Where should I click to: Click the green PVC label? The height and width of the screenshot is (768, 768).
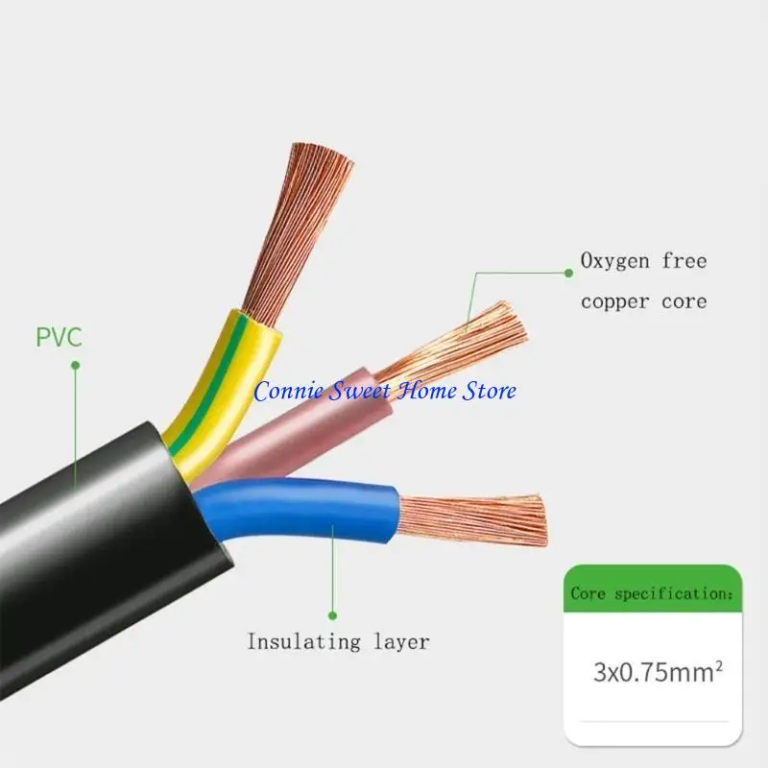(x=59, y=337)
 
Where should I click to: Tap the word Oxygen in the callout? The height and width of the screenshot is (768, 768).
(x=614, y=261)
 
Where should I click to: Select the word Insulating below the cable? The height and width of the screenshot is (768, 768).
(x=303, y=642)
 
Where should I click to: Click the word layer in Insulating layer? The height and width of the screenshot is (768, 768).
(x=401, y=642)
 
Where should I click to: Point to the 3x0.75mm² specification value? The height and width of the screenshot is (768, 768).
(x=658, y=671)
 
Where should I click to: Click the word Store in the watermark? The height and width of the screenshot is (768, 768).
(x=490, y=391)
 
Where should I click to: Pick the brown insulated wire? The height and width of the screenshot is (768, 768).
(x=303, y=431)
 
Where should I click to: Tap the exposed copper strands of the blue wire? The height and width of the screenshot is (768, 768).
(x=472, y=520)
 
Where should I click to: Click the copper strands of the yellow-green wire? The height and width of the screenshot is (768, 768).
(x=299, y=230)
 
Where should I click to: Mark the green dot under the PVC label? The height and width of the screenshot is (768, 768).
(x=76, y=366)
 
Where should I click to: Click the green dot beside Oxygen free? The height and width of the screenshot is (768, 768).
(x=568, y=273)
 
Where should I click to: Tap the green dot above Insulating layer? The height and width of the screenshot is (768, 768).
(x=332, y=615)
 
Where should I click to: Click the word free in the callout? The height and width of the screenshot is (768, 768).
(x=684, y=261)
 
